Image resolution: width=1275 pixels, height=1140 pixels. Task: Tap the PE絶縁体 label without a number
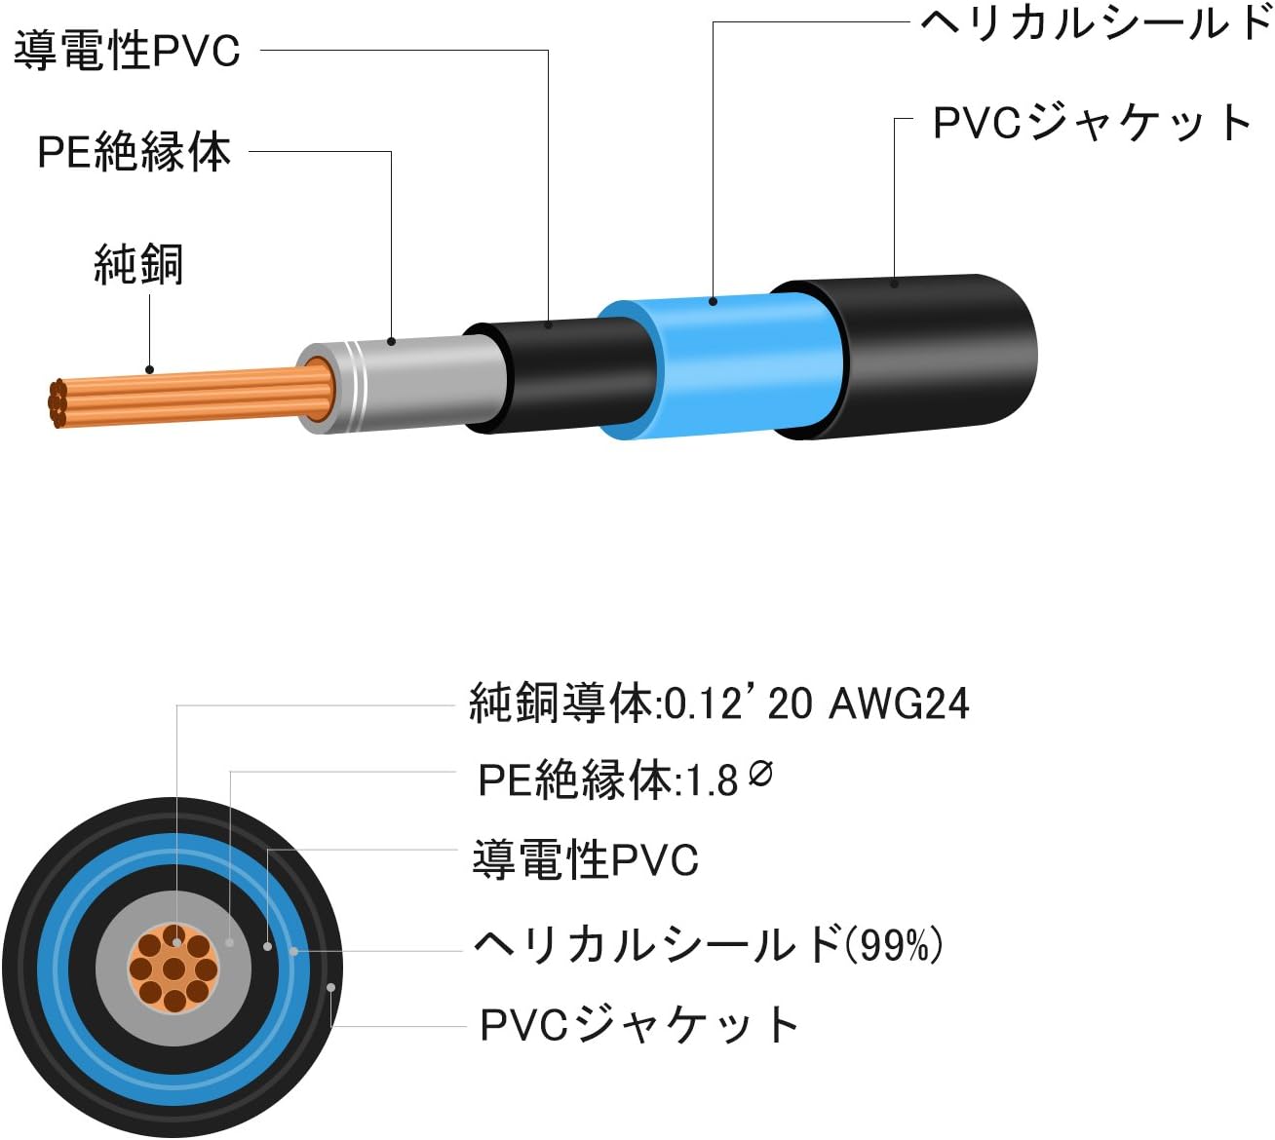[x=135, y=153]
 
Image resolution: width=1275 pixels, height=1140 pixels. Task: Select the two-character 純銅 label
[x=138, y=264]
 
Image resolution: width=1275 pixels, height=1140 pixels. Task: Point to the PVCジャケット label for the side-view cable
[x=1093, y=124]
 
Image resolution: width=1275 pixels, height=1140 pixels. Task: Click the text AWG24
[x=899, y=703]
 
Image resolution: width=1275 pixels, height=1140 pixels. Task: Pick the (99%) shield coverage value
[x=893, y=944]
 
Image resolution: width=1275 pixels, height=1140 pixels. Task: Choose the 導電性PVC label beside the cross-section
[x=585, y=860]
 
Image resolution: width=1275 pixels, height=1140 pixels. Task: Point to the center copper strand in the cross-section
[x=174, y=969]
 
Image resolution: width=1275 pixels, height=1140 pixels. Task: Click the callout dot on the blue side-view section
[x=714, y=302]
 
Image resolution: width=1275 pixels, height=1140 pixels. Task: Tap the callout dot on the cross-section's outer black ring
[x=332, y=987]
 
